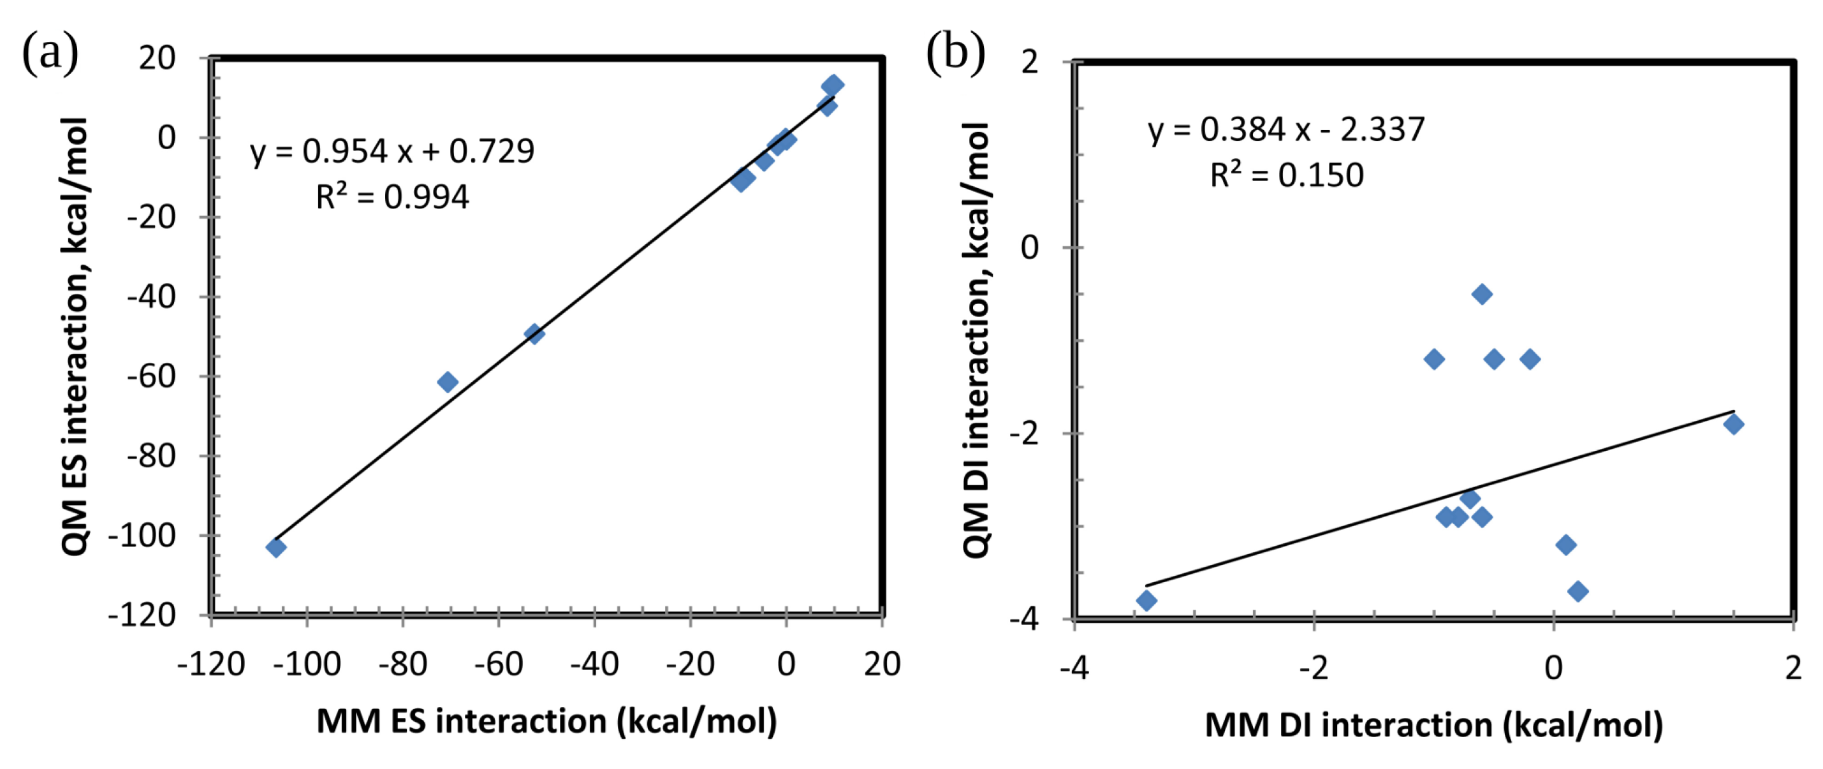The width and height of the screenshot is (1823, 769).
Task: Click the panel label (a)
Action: pyautogui.click(x=50, y=54)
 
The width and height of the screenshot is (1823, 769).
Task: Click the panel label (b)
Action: pyautogui.click(x=955, y=54)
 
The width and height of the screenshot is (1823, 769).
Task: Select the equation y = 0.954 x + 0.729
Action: pyautogui.click(x=392, y=151)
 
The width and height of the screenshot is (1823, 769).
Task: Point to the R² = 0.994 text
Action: pyautogui.click(x=392, y=196)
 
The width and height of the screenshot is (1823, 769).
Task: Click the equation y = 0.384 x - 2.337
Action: pyautogui.click(x=1286, y=130)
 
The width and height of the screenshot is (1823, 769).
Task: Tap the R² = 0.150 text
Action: pyautogui.click(x=1286, y=175)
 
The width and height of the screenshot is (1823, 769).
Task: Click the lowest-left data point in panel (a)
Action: pyautogui.click(x=276, y=547)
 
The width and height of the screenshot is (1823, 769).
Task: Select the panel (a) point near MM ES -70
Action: pyautogui.click(x=447, y=382)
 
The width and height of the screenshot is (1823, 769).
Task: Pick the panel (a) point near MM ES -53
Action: pyautogui.click(x=534, y=333)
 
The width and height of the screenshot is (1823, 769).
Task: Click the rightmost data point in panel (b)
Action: pyautogui.click(x=1733, y=425)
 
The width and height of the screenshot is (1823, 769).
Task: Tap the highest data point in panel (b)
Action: pyautogui.click(x=1482, y=295)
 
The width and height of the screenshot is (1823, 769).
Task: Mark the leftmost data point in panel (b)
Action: pyautogui.click(x=1146, y=601)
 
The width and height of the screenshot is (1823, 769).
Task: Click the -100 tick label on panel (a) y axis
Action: pyautogui.click(x=142, y=536)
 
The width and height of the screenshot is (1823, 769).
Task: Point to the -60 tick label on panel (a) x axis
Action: pyautogui.click(x=498, y=664)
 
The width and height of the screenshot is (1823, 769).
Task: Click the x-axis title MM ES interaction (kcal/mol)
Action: pyautogui.click(x=546, y=722)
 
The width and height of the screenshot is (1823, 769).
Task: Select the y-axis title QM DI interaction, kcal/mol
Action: pyautogui.click(x=977, y=340)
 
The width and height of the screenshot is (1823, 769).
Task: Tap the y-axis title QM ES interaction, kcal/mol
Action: pyautogui.click(x=75, y=337)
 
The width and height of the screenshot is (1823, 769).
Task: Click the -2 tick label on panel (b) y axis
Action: pyautogui.click(x=1024, y=433)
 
